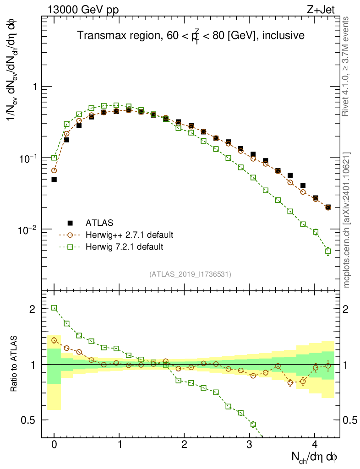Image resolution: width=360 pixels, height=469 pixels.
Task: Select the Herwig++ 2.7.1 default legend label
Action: [x=129, y=235]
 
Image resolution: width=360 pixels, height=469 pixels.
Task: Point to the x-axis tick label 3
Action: [x=249, y=445]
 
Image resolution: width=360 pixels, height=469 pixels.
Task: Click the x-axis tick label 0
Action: [x=54, y=445]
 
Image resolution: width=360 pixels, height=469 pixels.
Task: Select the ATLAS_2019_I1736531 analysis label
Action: [x=190, y=274]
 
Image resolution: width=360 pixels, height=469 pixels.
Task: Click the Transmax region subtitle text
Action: [x=191, y=36]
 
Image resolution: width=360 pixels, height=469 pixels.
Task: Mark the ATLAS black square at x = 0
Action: [x=54, y=180]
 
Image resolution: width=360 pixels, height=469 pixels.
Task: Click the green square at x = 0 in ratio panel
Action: [x=54, y=308]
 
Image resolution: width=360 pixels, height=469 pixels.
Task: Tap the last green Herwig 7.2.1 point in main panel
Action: [x=328, y=251]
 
